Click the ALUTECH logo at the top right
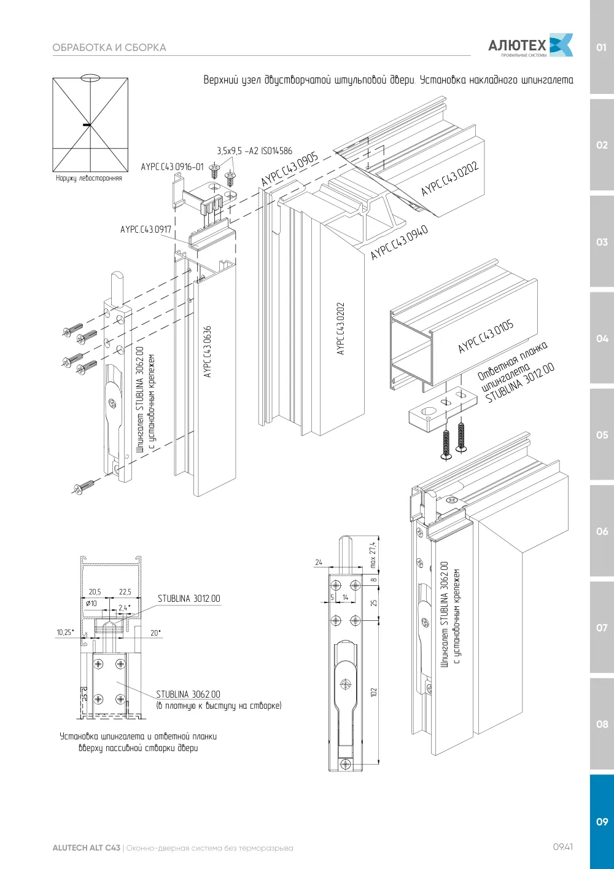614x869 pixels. (x=530, y=46)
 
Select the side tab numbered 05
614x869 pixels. (x=602, y=435)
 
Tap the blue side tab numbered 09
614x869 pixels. (x=602, y=822)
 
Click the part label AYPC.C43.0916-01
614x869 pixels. (x=172, y=167)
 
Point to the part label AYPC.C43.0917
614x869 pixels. (x=146, y=229)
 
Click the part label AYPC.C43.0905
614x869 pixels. (x=289, y=168)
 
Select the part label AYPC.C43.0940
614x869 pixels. (x=399, y=242)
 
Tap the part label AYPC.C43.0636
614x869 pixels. (x=207, y=351)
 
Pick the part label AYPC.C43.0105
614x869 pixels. (x=486, y=337)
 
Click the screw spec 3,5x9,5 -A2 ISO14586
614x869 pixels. (x=254, y=150)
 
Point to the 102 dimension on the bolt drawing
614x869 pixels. (x=373, y=692)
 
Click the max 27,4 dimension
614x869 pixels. (x=373, y=555)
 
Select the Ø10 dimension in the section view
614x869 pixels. (x=91, y=603)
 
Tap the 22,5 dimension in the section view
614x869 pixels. (x=125, y=591)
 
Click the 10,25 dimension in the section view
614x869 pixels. (x=65, y=633)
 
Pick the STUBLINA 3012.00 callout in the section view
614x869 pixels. (x=189, y=599)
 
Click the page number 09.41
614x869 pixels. (x=563, y=847)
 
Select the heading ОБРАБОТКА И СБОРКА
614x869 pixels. (x=109, y=48)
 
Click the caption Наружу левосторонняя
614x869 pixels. (x=89, y=178)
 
